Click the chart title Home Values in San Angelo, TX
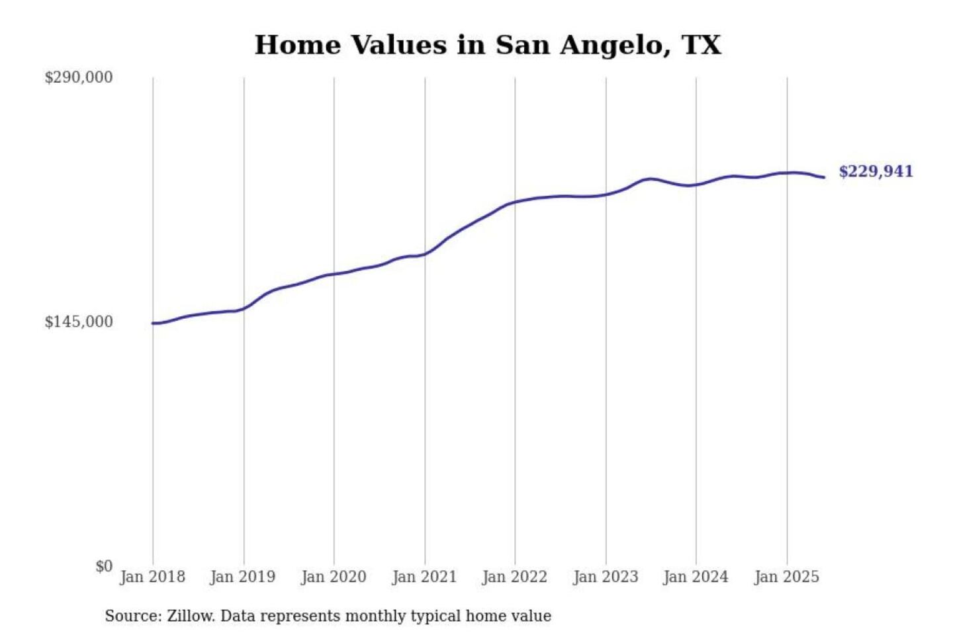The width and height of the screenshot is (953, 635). [x=488, y=45]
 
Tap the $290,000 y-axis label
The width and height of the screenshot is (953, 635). [x=78, y=77]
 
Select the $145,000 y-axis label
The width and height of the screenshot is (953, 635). [x=78, y=322]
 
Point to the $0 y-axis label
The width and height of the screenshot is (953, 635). [x=104, y=566]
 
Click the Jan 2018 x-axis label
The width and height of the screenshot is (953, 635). [x=152, y=577]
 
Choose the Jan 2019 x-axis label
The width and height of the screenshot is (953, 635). [x=242, y=577]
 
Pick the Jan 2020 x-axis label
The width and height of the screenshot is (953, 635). [x=334, y=577]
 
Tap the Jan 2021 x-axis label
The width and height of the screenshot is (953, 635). [x=424, y=577]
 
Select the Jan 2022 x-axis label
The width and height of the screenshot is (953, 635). [x=515, y=577]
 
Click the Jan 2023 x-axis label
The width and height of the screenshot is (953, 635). [x=606, y=577]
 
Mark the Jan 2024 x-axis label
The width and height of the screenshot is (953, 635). [x=696, y=577]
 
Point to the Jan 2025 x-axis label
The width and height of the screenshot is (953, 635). [x=787, y=577]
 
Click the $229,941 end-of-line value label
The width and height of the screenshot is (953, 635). [x=876, y=172]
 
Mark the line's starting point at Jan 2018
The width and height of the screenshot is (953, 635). [x=154, y=323]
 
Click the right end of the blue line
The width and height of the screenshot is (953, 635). [x=824, y=177]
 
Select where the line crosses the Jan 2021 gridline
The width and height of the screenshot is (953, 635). [x=425, y=253]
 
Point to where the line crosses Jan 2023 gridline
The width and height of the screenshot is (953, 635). [x=606, y=194]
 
